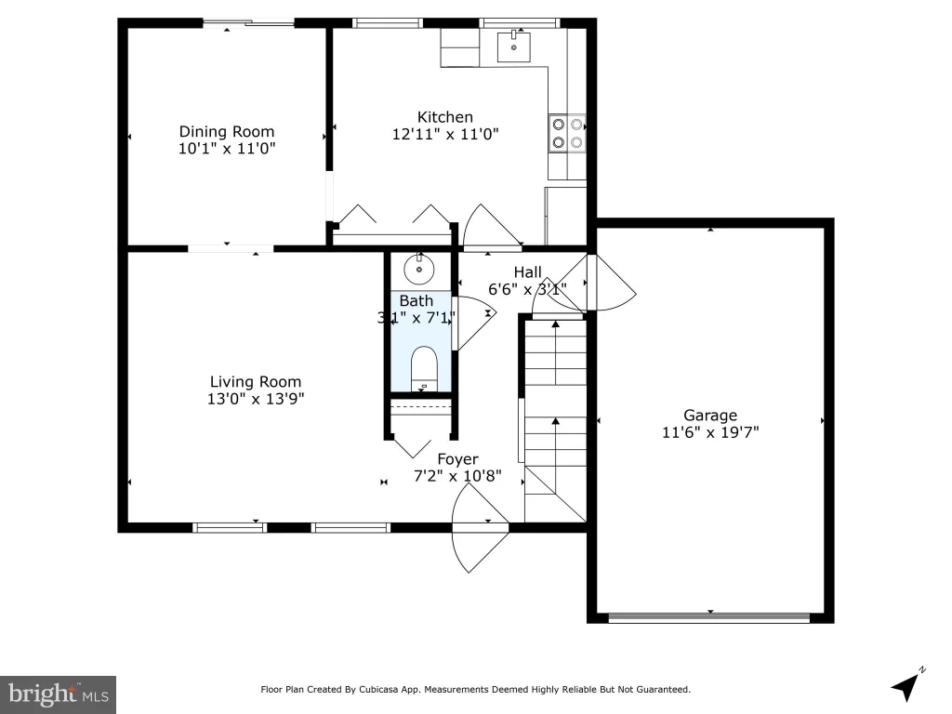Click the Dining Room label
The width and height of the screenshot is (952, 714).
tap(227, 131)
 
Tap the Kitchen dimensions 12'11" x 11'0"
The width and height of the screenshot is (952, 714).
tap(445, 134)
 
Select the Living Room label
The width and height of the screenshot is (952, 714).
tap(256, 382)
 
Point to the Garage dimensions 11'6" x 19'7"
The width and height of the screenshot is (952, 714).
tap(710, 432)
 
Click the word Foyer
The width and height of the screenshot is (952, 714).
tap(457, 459)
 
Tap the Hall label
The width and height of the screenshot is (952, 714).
tap(528, 272)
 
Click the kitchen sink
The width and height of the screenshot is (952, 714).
tap(513, 46)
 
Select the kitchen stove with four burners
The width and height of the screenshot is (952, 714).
tap(568, 134)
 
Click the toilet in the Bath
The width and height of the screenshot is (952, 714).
tap(424, 368)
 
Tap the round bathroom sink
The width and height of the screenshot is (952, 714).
tap(419, 269)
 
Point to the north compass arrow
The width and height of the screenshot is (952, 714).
tap(907, 684)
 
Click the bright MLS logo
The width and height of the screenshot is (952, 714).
tap(59, 694)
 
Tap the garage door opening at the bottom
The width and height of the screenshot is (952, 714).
tap(709, 618)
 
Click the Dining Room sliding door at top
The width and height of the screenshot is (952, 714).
tap(248, 23)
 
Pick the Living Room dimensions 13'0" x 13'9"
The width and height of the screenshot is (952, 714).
tap(256, 399)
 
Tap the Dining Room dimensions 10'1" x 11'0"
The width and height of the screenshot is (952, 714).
tap(227, 148)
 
